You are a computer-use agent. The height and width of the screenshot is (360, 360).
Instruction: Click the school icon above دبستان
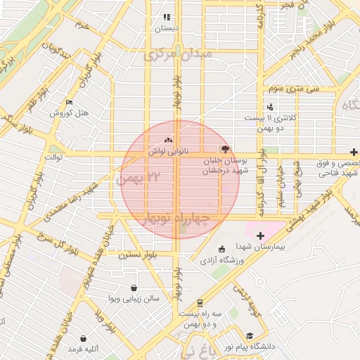coord(167,18)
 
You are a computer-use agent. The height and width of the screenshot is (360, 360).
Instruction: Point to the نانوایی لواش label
coord(167,150)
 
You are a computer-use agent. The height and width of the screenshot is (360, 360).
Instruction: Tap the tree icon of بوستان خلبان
coord(225,148)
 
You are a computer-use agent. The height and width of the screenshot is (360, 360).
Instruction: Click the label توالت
coord(54,157)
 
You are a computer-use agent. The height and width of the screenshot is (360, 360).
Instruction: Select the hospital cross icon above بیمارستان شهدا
coord(261,236)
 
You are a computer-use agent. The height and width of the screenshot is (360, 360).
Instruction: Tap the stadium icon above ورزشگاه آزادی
coord(222,249)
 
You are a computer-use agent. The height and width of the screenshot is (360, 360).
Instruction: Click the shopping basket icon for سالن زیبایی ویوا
coord(134,288)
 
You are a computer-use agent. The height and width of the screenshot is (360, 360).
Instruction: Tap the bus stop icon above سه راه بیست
coord(200,302)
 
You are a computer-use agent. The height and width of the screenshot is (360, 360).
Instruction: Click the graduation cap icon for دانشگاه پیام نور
coord(250,336)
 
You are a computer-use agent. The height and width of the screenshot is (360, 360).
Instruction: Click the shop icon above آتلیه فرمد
coord(84,338)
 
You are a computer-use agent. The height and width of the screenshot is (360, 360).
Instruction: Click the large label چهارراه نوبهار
coord(176,219)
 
